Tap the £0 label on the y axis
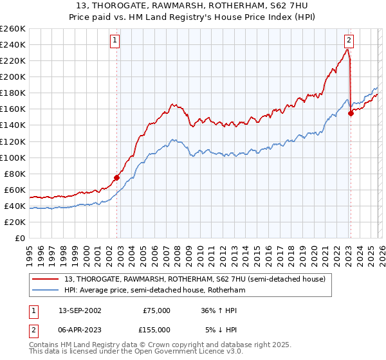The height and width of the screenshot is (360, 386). point(21,239)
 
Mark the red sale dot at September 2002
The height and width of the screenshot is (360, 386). point(116,177)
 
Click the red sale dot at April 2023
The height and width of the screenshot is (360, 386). point(351,113)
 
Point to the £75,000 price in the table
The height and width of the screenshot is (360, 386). point(156,310)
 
